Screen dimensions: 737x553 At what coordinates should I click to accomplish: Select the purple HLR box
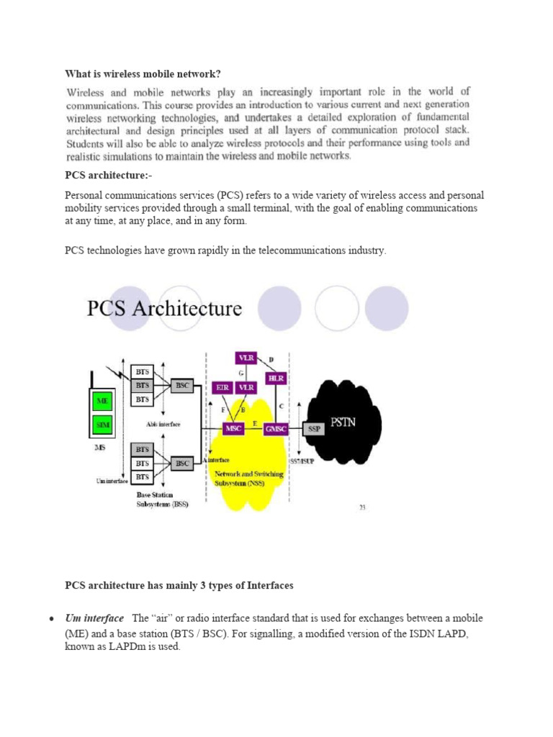click(x=276, y=379)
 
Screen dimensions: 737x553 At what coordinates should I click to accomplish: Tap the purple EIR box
click(x=222, y=387)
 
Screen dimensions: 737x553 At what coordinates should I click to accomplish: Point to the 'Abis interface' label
click(x=163, y=425)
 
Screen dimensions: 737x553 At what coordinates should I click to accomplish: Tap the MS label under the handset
click(x=99, y=448)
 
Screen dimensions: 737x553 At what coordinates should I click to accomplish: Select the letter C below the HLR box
click(x=280, y=406)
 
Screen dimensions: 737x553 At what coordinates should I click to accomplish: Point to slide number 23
click(x=362, y=507)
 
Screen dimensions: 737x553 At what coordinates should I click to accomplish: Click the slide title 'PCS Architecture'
click(x=164, y=309)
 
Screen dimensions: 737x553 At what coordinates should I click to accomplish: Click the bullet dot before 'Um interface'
click(x=52, y=620)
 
